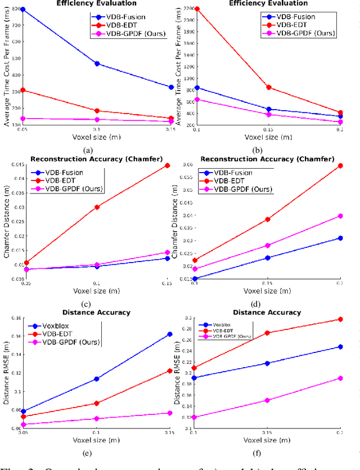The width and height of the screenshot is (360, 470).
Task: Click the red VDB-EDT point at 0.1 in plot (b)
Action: [x=196, y=9]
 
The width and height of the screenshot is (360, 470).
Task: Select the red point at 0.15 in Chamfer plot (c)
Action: [x=167, y=165]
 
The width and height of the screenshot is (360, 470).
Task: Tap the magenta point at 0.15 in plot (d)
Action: [x=268, y=245]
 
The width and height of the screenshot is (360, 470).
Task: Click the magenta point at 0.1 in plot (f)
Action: [x=195, y=417]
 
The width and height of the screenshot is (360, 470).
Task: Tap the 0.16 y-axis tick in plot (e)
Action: [x=12, y=336]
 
